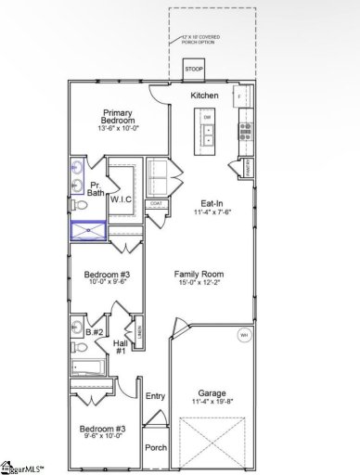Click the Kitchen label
point(204,96)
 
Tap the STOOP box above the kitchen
point(195,70)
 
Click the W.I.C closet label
point(122,199)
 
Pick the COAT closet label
point(156,203)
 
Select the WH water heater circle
point(244,334)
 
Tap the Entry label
point(155,396)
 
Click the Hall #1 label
point(120,347)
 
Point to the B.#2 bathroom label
point(94,332)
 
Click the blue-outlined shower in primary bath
point(87,231)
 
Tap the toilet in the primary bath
point(79,206)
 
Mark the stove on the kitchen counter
point(245,128)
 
